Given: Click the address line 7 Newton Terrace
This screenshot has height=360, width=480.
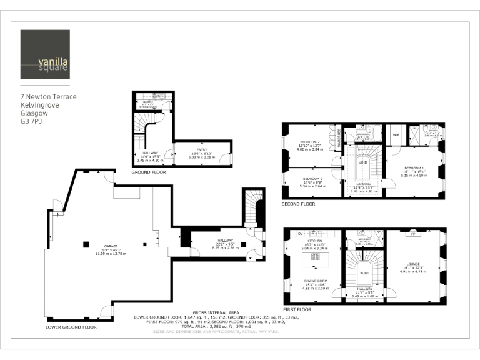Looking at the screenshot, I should pyautogui.click(x=49, y=97).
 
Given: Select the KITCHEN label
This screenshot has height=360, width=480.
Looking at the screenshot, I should pyautogui.click(x=311, y=240).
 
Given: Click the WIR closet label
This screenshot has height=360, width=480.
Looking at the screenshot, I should pyautogui.click(x=396, y=134).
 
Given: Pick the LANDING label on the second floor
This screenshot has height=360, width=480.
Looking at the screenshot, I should pyautogui.click(x=362, y=184).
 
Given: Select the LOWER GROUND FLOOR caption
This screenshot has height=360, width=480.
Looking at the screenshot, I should pyautogui.click(x=71, y=327).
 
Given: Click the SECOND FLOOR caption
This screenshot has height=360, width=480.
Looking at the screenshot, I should pyautogui.click(x=299, y=204).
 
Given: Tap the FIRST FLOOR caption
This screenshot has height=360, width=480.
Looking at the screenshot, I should pyautogui.click(x=296, y=309).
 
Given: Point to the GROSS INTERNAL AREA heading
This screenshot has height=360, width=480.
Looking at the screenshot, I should pyautogui.click(x=216, y=312).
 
